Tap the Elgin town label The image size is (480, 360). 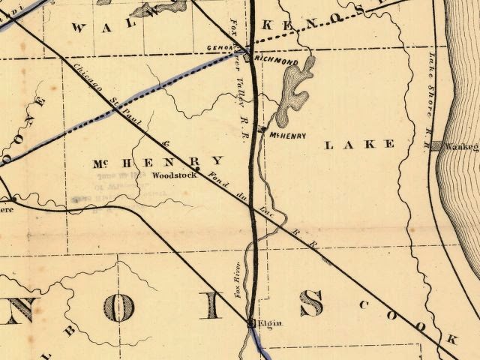(x=269, y=323)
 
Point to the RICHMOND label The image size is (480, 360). (x=277, y=58)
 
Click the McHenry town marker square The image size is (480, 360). (x=260, y=131)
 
